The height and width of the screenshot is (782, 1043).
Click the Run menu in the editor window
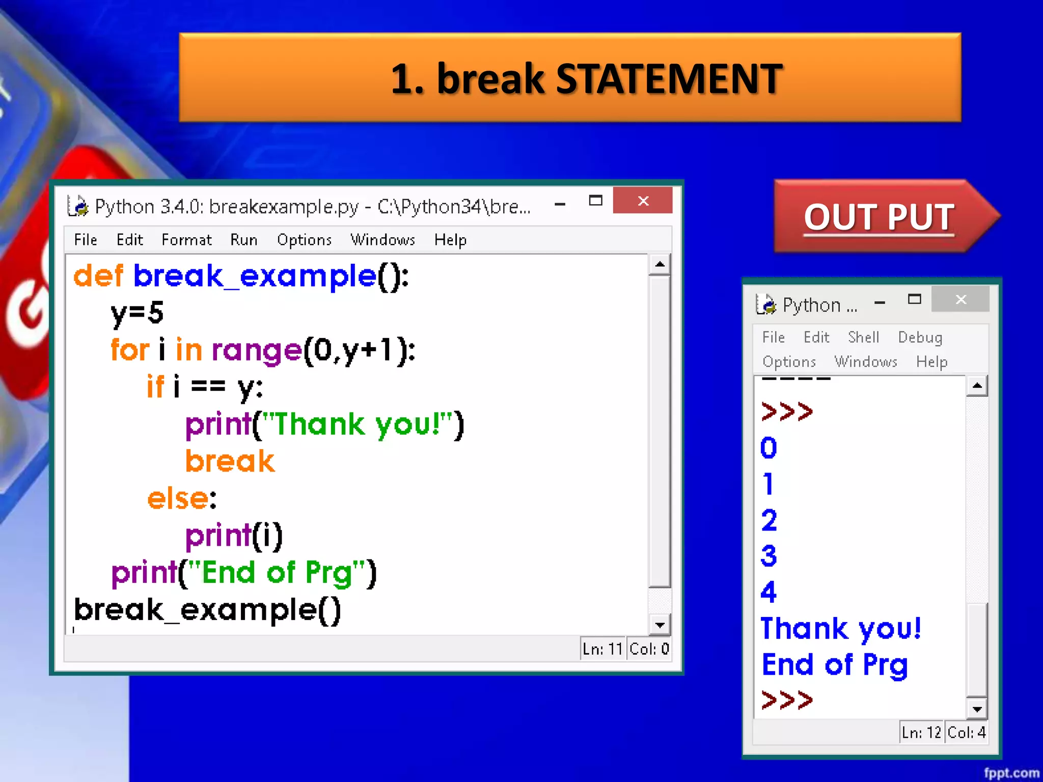(243, 239)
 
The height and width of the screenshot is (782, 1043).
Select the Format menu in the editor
(186, 239)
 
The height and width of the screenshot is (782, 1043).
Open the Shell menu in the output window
(863, 337)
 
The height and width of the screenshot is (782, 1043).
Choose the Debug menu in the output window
(920, 337)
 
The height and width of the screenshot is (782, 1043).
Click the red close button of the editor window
(643, 201)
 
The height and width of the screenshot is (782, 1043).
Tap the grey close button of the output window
(960, 299)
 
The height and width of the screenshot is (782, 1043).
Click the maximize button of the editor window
(595, 201)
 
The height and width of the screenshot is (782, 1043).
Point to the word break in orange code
(230, 461)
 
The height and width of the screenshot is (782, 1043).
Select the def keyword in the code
(98, 276)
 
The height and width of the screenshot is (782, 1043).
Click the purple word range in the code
(257, 350)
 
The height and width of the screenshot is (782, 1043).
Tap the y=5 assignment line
(137, 312)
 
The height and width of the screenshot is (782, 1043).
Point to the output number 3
(768, 555)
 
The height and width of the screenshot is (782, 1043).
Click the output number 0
(768, 448)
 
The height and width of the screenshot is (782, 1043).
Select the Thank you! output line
(840, 628)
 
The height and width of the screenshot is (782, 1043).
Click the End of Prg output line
(834, 665)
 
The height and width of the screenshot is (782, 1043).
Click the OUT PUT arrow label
(879, 217)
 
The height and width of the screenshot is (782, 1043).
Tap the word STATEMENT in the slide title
(669, 79)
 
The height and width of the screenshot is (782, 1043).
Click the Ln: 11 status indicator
(602, 649)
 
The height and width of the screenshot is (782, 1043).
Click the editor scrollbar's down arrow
(660, 625)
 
